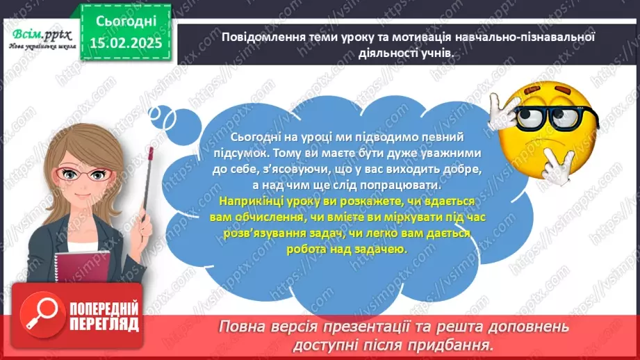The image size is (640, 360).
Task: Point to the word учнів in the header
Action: point(443,52)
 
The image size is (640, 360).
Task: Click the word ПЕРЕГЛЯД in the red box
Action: point(104,323)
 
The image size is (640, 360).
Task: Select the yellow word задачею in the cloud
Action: point(379,248)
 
